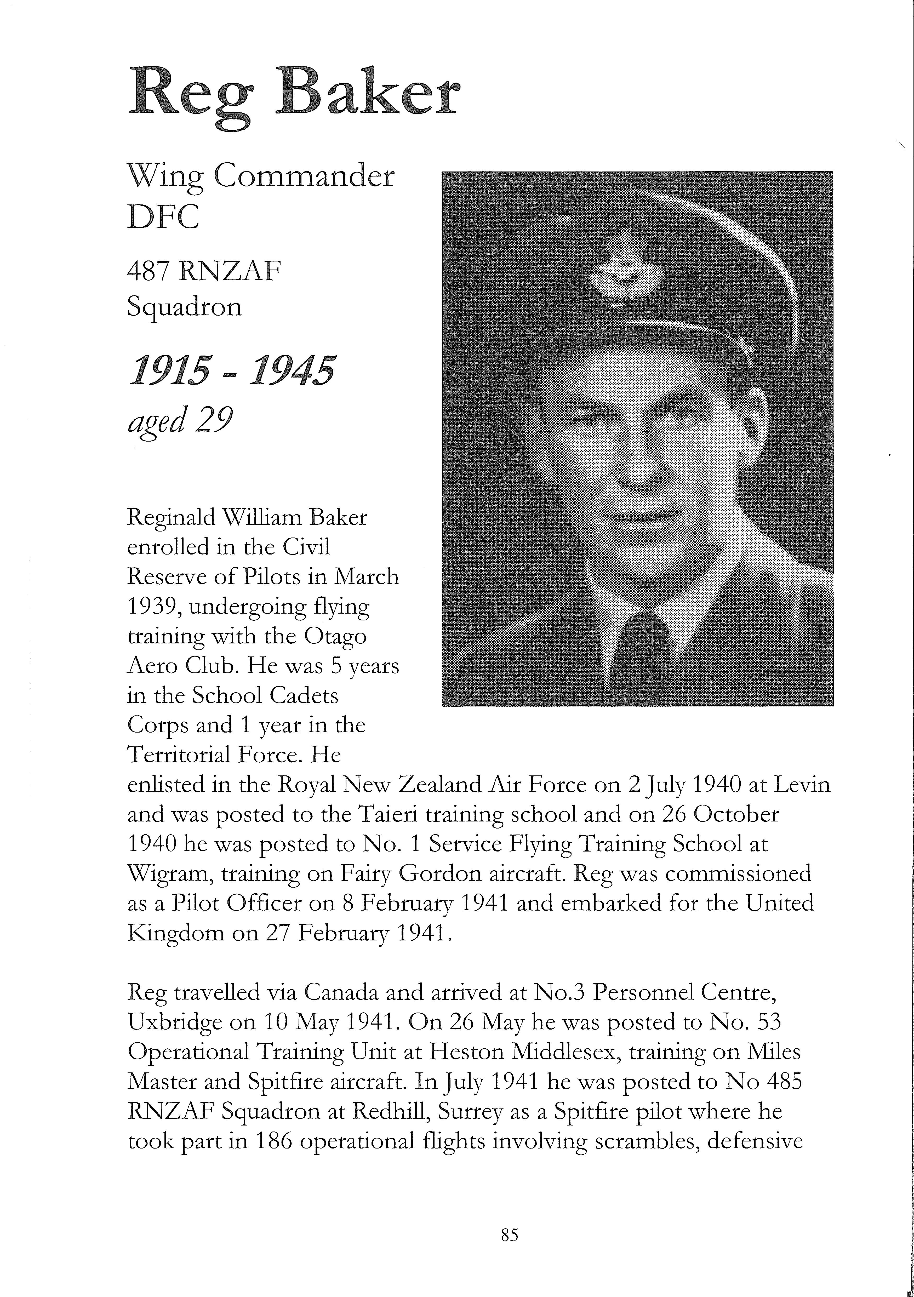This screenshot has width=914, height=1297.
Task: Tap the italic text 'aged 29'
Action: point(180,421)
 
